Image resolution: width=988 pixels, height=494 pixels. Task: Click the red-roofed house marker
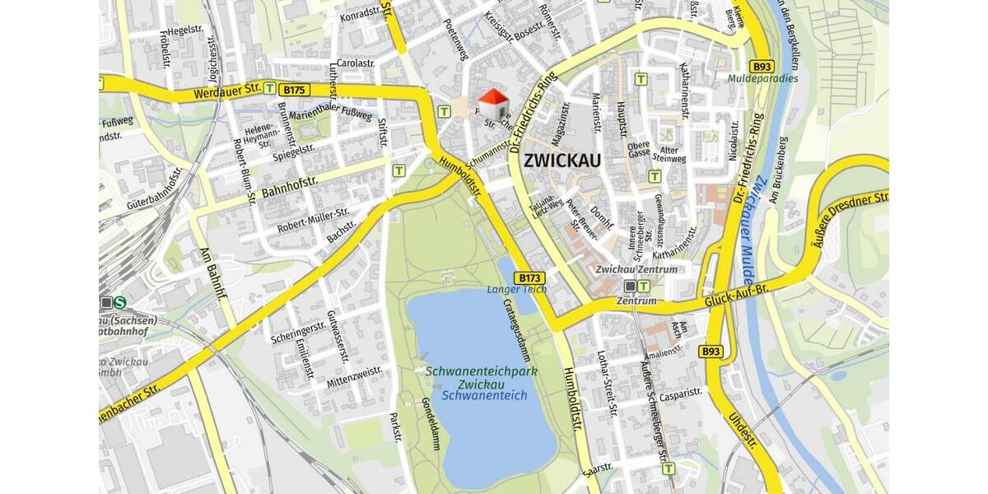(493, 105)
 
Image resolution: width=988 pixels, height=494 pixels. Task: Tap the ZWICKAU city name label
(562, 160)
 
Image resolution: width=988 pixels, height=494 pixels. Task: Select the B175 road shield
(295, 90)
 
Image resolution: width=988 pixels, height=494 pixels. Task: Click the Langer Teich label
(517, 290)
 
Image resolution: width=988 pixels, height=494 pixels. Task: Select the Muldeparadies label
(762, 79)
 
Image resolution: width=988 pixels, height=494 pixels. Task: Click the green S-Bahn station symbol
(120, 302)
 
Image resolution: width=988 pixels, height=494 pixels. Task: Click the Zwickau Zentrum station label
(636, 269)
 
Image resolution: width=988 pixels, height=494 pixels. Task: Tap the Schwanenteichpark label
(481, 371)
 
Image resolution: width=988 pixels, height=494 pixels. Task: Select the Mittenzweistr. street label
(354, 378)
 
